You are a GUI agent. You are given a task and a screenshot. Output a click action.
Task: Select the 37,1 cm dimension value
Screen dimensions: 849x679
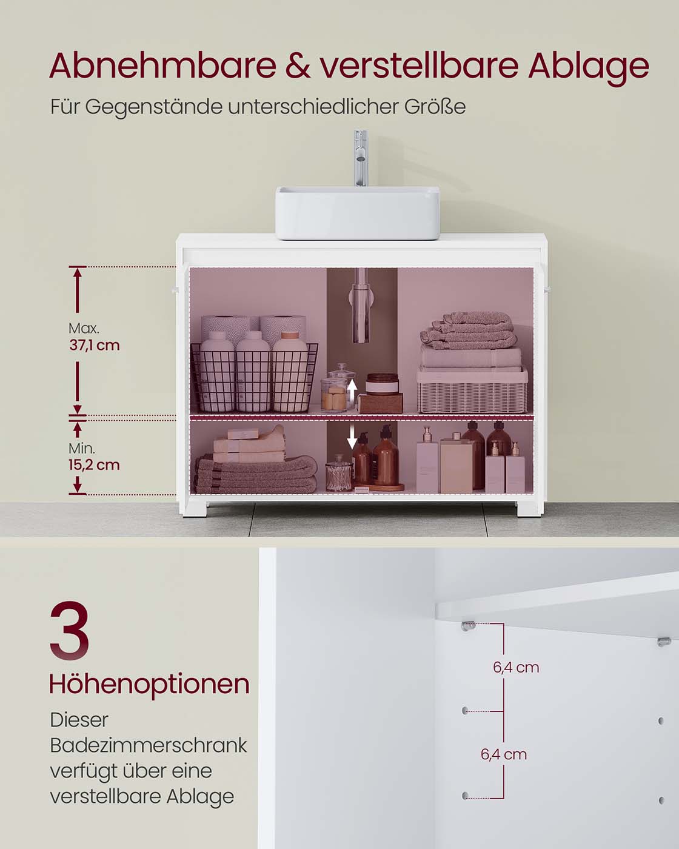(x=94, y=346)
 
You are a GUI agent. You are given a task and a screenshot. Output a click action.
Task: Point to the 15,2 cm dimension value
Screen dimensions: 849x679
(x=94, y=465)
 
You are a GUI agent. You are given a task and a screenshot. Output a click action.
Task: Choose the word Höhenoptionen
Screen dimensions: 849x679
(x=149, y=684)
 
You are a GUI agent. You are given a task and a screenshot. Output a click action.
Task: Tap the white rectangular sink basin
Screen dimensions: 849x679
(x=358, y=212)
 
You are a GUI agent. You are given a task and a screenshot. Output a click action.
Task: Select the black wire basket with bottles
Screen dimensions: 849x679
(x=253, y=377)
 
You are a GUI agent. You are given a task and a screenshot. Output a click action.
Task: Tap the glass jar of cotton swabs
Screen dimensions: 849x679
(x=337, y=474)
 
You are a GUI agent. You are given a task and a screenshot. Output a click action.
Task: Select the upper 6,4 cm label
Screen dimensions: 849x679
(x=516, y=668)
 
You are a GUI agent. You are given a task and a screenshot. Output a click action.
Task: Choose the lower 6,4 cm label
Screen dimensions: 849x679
(x=503, y=754)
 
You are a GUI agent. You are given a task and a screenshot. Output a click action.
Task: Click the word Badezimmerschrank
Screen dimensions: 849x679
(x=149, y=745)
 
